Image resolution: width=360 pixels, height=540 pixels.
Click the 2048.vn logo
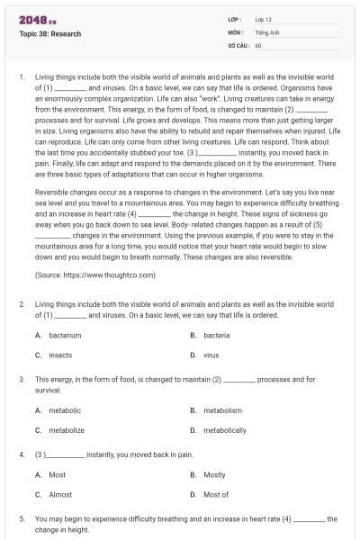point(32,19)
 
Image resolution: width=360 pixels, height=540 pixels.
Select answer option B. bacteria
point(216,336)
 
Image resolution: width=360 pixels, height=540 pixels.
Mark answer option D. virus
point(211,355)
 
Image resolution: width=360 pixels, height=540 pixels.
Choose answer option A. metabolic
point(65,410)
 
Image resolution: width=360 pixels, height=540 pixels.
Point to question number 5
point(21,519)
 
